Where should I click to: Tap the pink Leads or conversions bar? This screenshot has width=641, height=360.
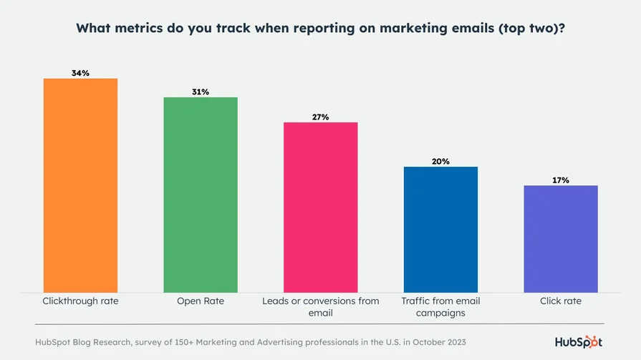pos(320,207)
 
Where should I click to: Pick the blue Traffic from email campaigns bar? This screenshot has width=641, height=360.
pos(440,229)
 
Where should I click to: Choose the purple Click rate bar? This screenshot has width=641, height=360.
pos(561,238)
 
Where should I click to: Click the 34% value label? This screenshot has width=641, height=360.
pos(80,73)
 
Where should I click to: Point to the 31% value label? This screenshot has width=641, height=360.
pos(201,92)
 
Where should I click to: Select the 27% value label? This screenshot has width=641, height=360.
pos(320,117)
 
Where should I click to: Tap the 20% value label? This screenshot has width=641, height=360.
pos(440,161)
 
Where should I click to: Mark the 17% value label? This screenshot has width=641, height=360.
pos(561,180)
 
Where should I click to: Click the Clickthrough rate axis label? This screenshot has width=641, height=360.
pos(80,301)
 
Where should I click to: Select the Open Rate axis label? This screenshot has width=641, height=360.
pos(201,301)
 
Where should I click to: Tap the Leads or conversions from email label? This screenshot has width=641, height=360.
pos(320,306)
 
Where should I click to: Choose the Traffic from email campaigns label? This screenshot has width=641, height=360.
pos(440,306)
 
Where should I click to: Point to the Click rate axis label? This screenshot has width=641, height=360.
pos(561,301)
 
